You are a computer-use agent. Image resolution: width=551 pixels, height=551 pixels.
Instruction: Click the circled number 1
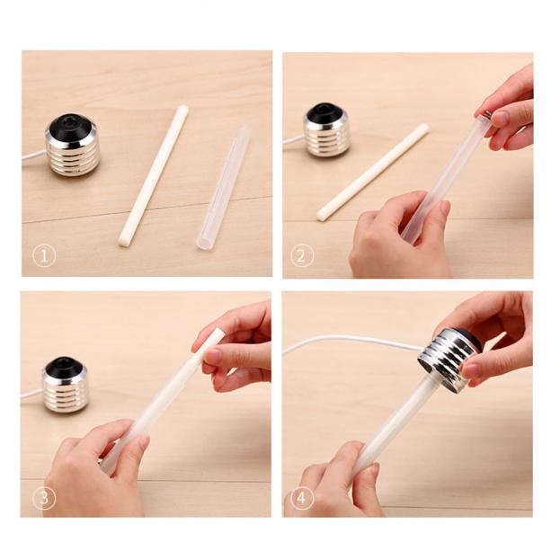coord(43,255)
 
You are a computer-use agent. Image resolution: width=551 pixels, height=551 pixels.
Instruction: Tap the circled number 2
coord(303,255)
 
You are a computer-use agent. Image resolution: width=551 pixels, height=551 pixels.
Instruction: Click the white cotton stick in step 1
coord(154,174)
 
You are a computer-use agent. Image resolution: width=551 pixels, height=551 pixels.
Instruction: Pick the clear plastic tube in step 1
coord(223,187)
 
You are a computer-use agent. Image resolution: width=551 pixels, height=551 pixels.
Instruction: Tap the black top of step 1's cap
coord(71,124)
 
